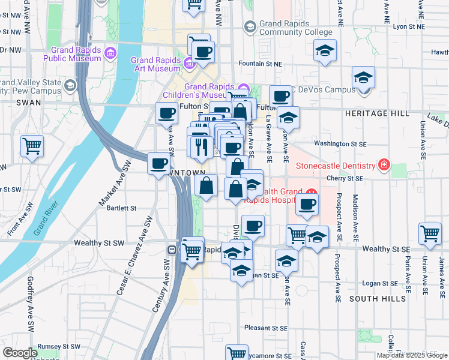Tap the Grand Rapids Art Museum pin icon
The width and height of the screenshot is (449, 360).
coord(189,62)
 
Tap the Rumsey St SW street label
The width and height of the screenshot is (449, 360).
coord(58,346)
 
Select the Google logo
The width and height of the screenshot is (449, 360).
coord(20,353)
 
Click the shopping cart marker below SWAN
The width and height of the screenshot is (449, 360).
coord(32,146)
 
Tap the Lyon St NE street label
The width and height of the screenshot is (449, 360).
coord(409,27)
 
